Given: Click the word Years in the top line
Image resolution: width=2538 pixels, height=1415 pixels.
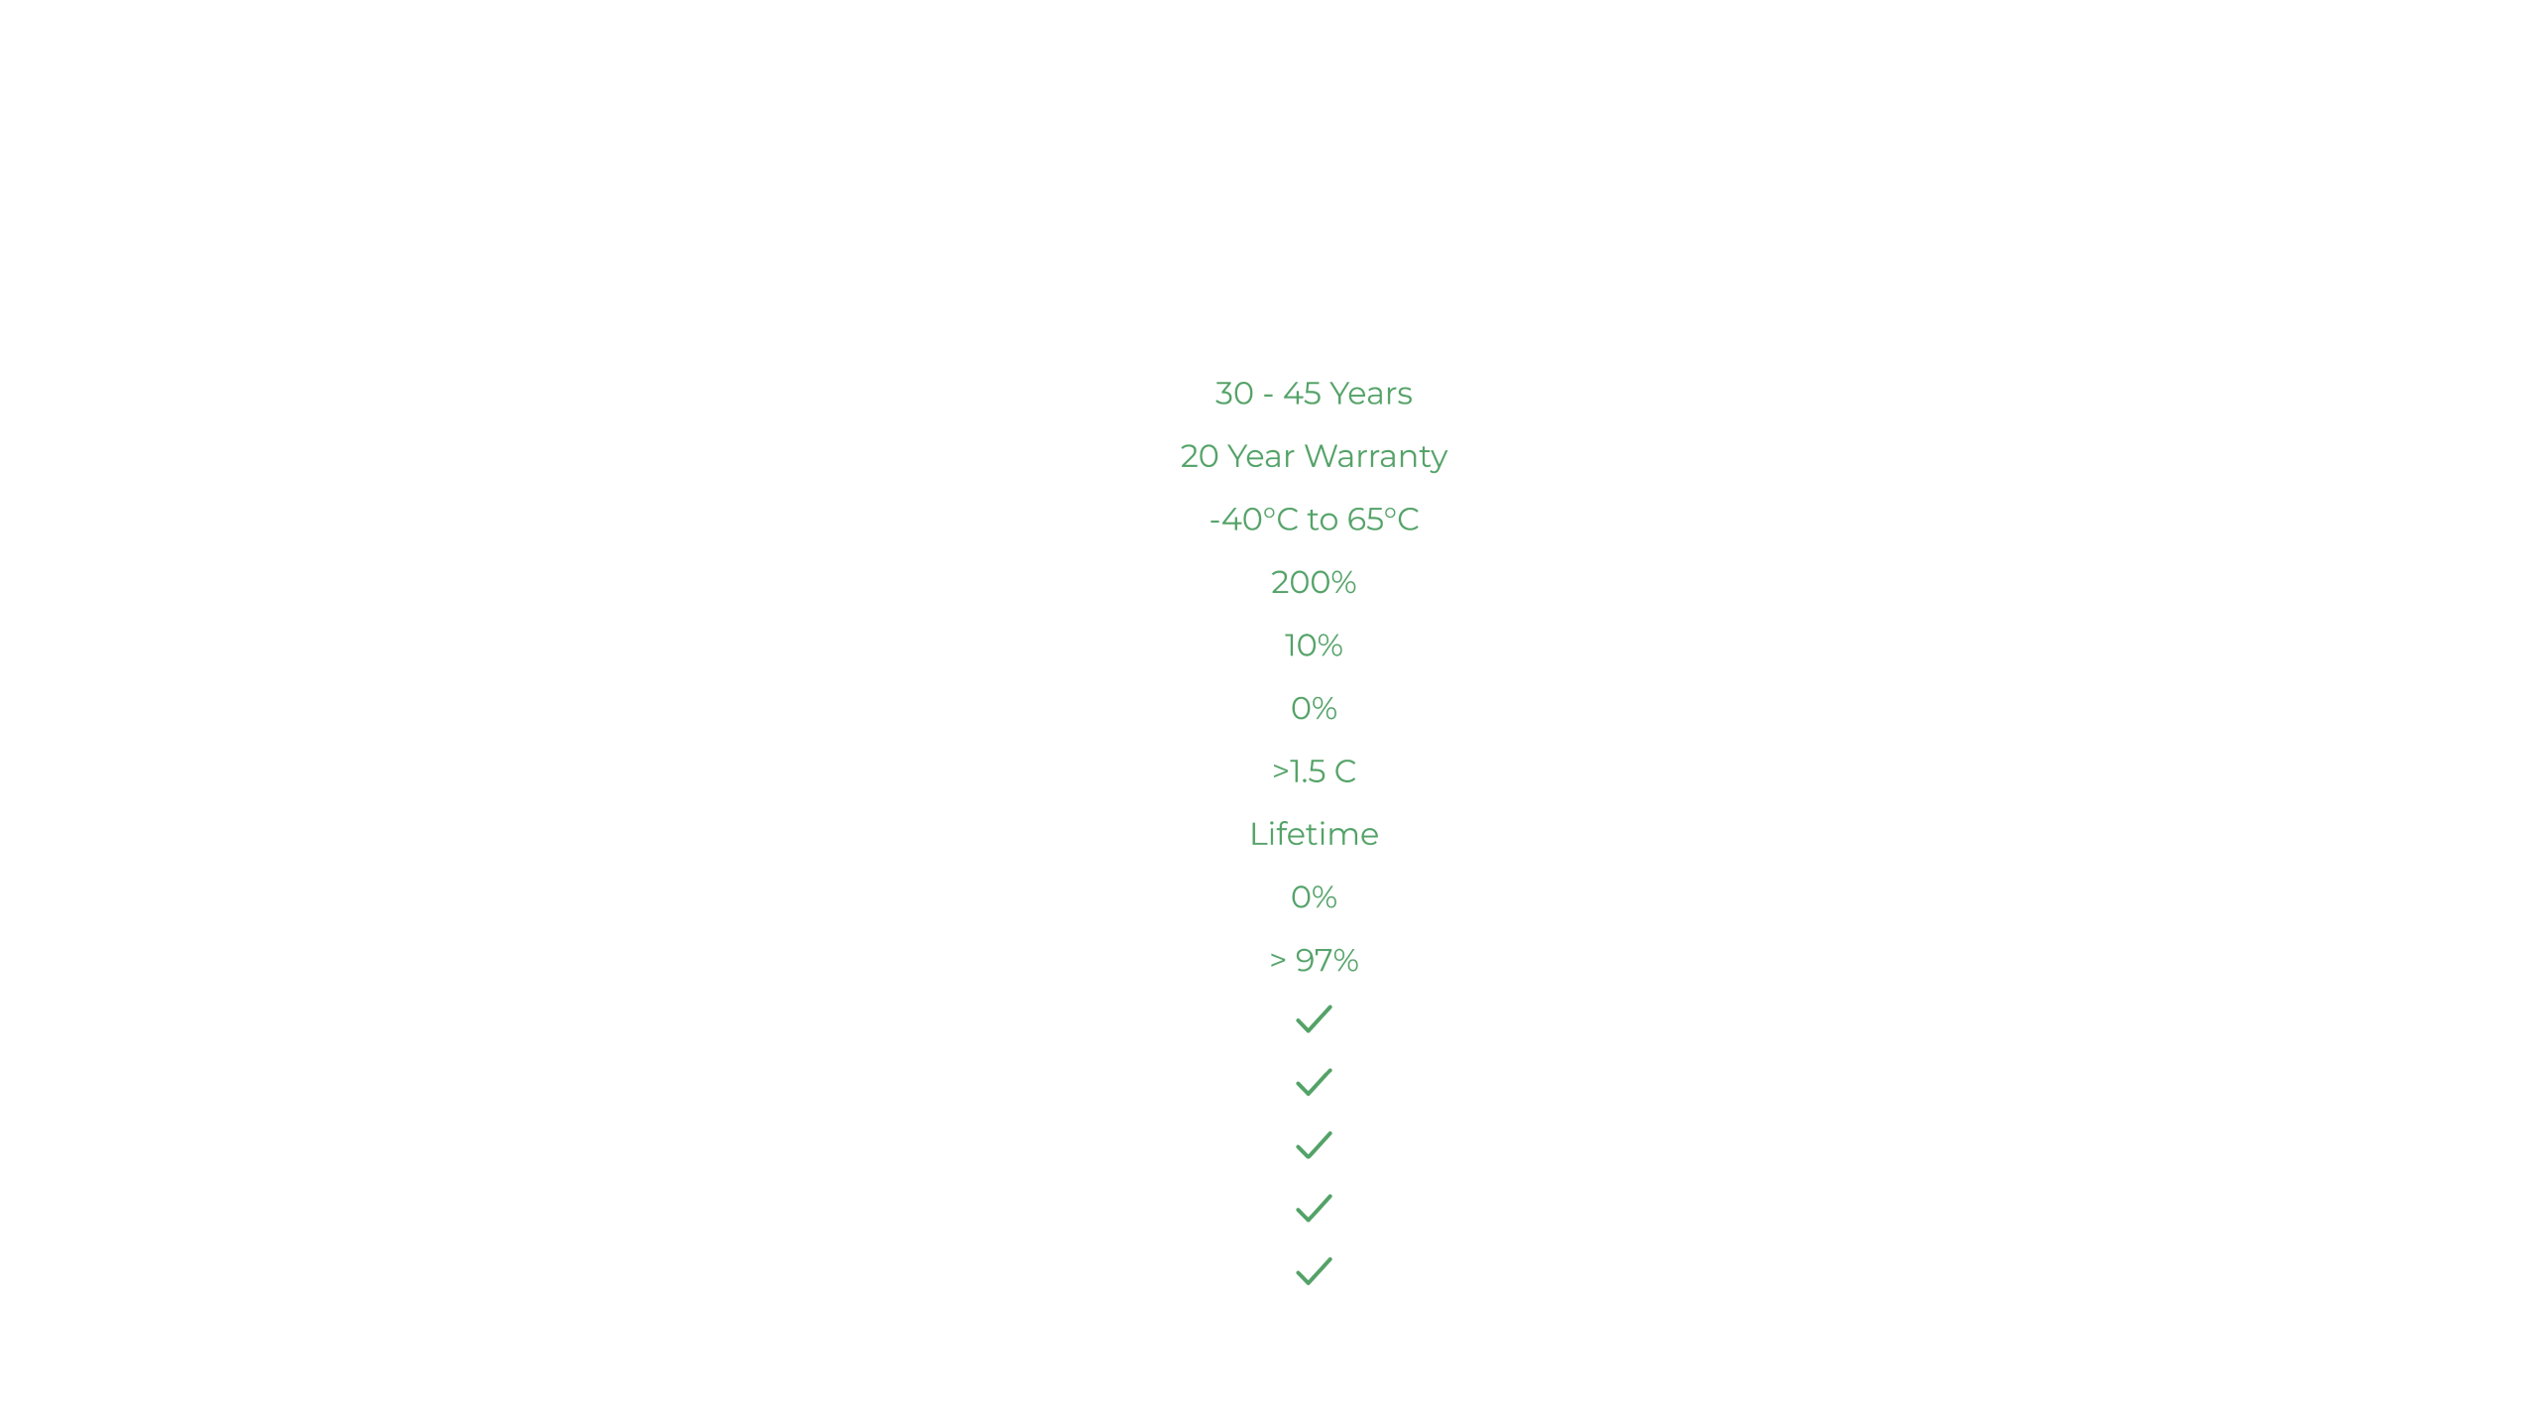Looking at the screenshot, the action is click(x=1371, y=394).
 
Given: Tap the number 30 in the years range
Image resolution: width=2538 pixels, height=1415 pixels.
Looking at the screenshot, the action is click(x=1234, y=394).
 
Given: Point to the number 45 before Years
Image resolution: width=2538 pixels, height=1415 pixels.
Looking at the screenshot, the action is click(x=1302, y=394).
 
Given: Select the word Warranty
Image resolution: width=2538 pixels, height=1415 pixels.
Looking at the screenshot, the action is click(x=1376, y=457).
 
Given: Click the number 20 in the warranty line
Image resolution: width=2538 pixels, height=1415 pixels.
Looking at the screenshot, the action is click(x=1200, y=456).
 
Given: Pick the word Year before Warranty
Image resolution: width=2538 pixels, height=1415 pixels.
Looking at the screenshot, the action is click(x=1261, y=456).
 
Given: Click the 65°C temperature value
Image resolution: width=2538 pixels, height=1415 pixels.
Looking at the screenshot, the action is click(x=1383, y=520).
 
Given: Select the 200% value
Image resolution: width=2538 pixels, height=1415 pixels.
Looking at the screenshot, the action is click(x=1314, y=582).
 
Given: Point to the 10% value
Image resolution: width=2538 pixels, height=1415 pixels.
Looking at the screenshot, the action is click(x=1314, y=646).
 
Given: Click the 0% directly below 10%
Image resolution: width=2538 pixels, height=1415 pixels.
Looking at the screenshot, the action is click(x=1314, y=708).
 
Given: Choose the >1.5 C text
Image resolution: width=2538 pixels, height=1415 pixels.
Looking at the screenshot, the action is click(x=1314, y=771).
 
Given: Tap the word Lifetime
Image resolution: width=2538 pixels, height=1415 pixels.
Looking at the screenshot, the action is click(x=1314, y=834).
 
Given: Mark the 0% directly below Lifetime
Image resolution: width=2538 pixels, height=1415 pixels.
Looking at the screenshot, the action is click(x=1314, y=897).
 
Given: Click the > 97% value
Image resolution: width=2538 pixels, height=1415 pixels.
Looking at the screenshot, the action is click(x=1314, y=960).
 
